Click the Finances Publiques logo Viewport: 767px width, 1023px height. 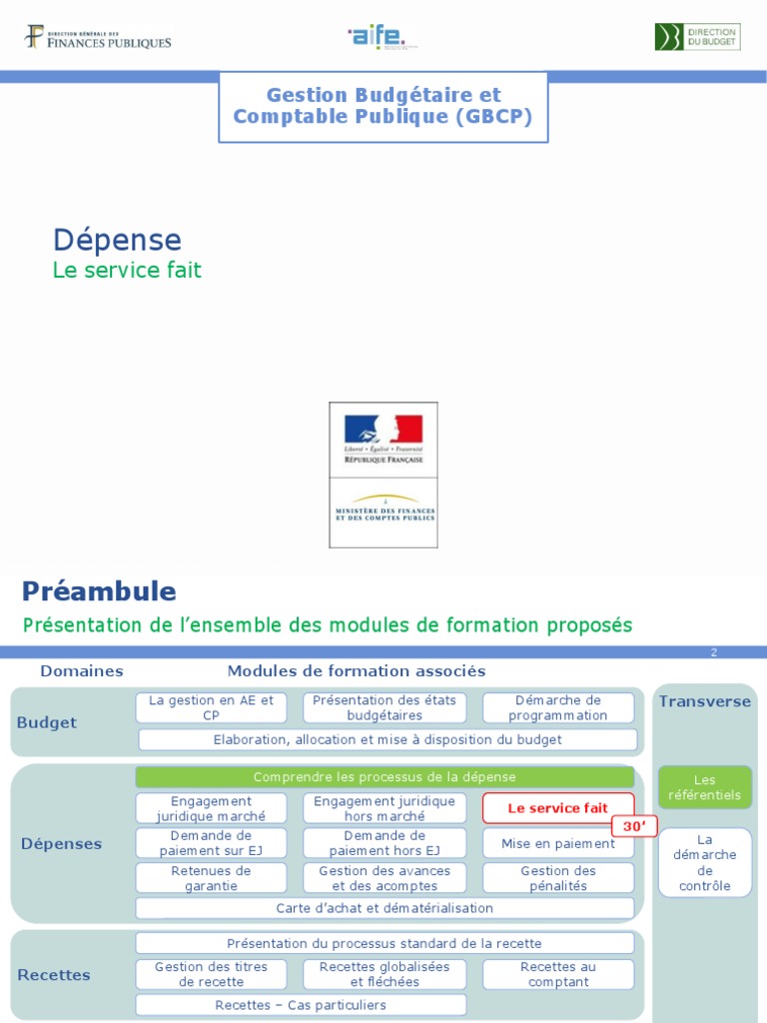[98, 38]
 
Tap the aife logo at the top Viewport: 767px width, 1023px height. [378, 38]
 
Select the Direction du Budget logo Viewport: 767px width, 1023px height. [697, 37]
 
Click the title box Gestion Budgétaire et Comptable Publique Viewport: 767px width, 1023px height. [383, 106]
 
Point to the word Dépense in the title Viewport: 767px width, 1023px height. [117, 240]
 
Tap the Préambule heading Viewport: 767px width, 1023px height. [99, 591]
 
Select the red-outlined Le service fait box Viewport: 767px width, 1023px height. [558, 808]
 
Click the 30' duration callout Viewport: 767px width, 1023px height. [634, 827]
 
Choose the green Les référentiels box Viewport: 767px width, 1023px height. [705, 787]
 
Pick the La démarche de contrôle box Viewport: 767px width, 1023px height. [705, 862]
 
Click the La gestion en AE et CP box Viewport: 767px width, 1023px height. [211, 707]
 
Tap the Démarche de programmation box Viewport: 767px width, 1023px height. [558, 707]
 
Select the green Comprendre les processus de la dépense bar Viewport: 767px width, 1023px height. [384, 776]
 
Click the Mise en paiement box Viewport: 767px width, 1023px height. [558, 843]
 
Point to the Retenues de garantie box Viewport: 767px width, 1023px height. [211, 878]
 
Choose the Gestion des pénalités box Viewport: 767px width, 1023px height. [558, 878]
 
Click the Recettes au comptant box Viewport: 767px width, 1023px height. [558, 974]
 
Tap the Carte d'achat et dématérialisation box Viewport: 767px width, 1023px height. [384, 908]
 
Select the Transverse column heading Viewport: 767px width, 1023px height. [705, 701]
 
